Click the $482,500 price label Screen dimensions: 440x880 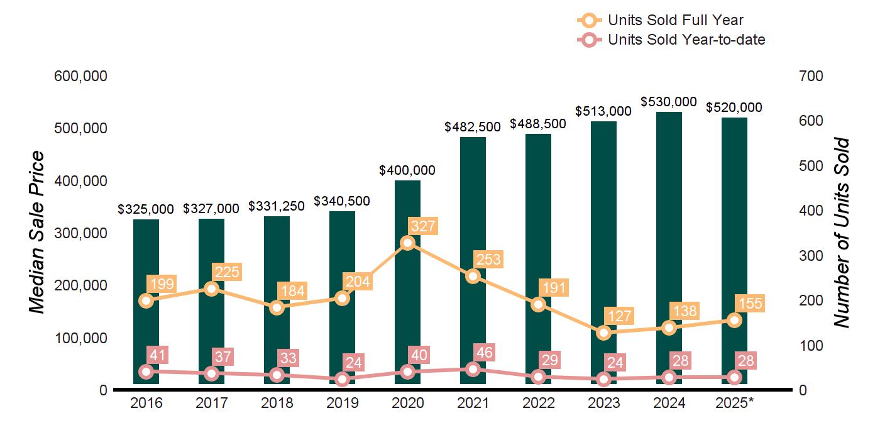[x=473, y=127]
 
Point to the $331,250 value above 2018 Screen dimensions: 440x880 [x=277, y=206]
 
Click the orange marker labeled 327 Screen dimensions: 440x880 [x=408, y=243]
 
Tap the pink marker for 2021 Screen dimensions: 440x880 [x=473, y=369]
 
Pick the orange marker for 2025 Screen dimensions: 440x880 [x=735, y=320]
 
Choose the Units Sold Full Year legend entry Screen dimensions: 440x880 [x=660, y=21]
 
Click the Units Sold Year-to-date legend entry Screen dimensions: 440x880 [x=671, y=40]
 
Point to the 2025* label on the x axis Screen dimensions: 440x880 [x=734, y=403]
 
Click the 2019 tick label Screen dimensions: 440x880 [x=342, y=403]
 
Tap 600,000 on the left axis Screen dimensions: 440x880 [x=81, y=76]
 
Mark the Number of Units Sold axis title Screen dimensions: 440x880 [x=842, y=232]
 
